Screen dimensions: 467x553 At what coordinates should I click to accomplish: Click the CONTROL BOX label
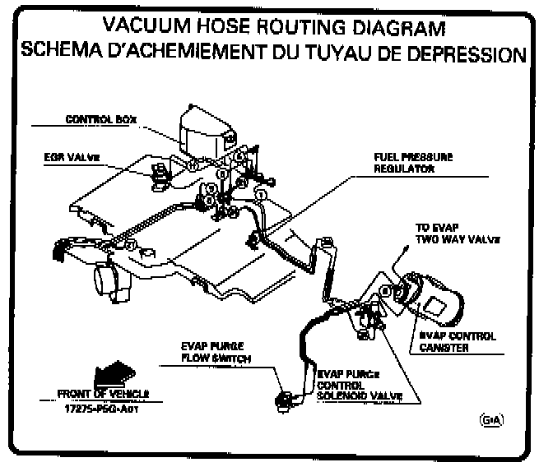point(100,120)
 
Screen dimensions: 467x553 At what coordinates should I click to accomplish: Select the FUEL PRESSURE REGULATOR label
point(407,162)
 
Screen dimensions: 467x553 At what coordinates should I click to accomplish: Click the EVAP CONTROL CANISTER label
point(455,341)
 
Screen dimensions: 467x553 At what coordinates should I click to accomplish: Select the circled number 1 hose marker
point(261,194)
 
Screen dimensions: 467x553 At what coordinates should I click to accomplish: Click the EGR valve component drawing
point(159,173)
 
